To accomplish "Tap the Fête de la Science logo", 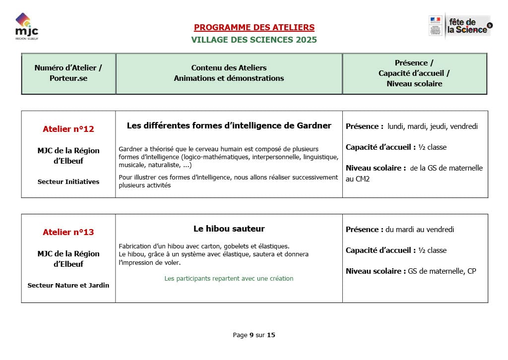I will click(x=460, y=25).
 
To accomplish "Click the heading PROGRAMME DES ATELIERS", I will click(x=254, y=28).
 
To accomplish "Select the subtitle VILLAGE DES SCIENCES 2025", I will click(x=254, y=40).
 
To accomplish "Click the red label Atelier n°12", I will click(x=68, y=129).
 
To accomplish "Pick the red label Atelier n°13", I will click(x=68, y=232).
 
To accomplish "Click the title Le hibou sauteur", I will click(x=229, y=229).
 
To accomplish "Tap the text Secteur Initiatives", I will click(x=68, y=181).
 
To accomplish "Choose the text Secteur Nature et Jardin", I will click(x=68, y=285).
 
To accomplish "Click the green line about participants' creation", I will click(x=229, y=279).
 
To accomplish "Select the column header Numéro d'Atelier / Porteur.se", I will click(x=68, y=73).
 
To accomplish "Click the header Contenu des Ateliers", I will click(x=229, y=68).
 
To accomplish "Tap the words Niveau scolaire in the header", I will click(x=414, y=84).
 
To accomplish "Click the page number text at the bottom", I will click(x=254, y=335).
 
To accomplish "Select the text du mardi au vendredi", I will click(x=420, y=230).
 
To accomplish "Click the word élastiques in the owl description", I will click(x=272, y=246).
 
